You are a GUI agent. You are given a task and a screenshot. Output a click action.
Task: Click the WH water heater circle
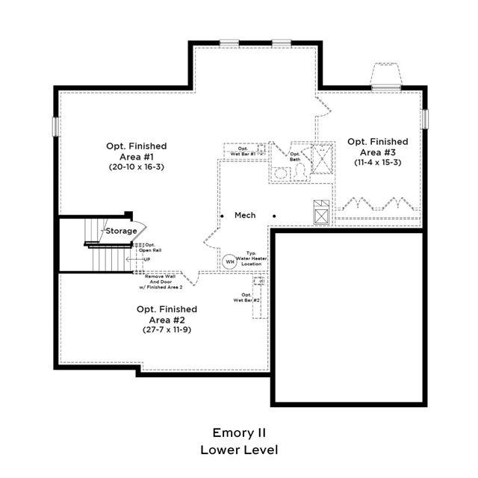[x=229, y=261]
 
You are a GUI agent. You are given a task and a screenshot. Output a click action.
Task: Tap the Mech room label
[x=245, y=215]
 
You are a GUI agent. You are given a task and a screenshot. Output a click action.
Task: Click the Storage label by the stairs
[x=120, y=231]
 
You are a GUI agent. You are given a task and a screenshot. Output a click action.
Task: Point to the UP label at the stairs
[x=147, y=259]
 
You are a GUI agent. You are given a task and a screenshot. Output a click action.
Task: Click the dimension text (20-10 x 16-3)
[x=136, y=167]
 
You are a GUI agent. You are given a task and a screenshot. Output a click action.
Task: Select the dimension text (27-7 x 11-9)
[x=167, y=329]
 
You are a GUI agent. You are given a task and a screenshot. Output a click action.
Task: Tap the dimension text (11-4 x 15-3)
[x=377, y=162]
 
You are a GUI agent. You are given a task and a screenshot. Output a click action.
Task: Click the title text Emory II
[x=239, y=432]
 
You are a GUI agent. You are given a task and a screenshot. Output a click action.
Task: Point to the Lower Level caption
[x=239, y=450]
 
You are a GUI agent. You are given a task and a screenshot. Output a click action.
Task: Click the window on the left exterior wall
[x=55, y=126]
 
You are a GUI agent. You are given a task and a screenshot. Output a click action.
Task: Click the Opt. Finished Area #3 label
[x=377, y=146]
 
